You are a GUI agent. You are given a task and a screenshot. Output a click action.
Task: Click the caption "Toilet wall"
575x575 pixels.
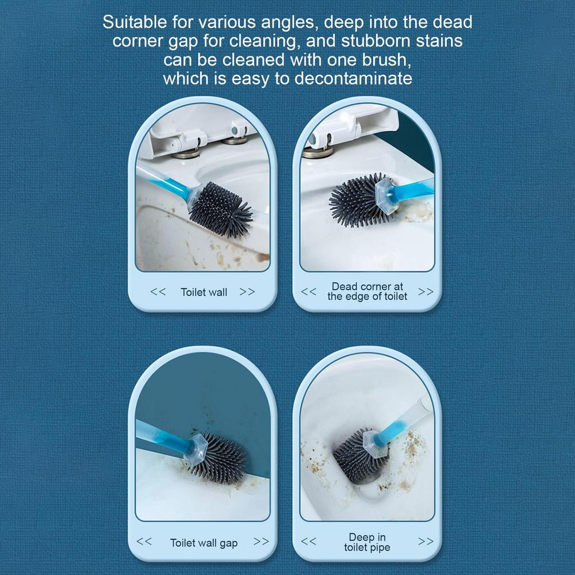[x=204, y=292]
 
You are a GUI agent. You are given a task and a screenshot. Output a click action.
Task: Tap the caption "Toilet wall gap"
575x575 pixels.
[x=204, y=542]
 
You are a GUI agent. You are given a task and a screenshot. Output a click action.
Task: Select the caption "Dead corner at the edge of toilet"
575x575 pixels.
[x=367, y=291]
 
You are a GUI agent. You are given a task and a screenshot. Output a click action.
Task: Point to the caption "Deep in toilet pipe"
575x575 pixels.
[x=367, y=542]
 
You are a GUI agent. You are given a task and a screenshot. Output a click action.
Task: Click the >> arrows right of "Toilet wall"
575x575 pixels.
[x=247, y=292]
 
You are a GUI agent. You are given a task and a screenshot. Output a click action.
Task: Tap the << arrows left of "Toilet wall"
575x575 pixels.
[x=158, y=292]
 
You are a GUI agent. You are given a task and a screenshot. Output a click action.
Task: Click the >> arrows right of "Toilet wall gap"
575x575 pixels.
[x=261, y=541]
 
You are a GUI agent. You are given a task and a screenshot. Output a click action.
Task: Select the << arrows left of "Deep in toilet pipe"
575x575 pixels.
[x=308, y=541]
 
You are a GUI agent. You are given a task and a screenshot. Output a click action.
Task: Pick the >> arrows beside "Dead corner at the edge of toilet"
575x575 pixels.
[x=425, y=292]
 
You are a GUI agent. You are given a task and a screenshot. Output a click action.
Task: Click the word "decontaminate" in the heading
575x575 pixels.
[x=353, y=78]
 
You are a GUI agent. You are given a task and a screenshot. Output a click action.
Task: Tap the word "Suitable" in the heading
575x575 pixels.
[x=135, y=22]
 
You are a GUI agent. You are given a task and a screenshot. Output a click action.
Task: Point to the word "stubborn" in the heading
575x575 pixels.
[x=376, y=41]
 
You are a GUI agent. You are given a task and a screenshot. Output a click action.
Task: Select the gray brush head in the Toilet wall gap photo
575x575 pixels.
[x=220, y=457]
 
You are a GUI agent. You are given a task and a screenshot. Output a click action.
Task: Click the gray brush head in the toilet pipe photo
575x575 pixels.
[x=358, y=456]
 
